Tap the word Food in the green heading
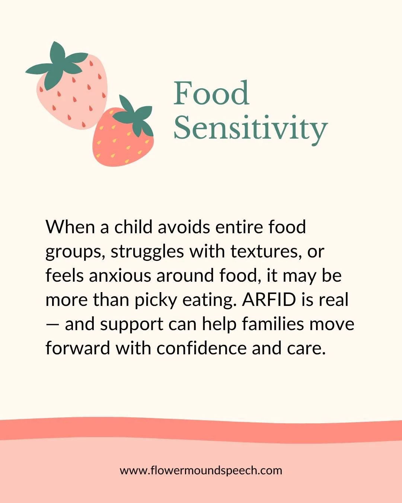[x=211, y=93]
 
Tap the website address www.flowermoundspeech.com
[x=201, y=470]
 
